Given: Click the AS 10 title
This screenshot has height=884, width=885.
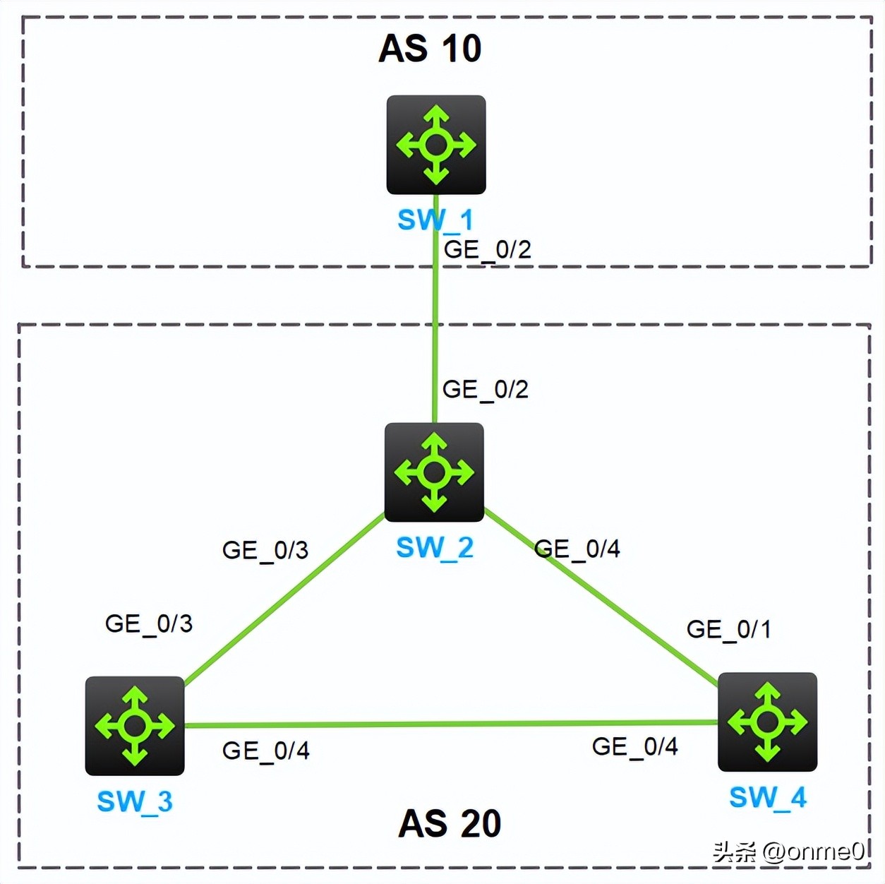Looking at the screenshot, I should [x=430, y=49].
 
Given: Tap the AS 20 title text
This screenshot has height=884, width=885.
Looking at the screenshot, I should [x=450, y=823].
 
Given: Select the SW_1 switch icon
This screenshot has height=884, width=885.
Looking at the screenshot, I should [x=436, y=145].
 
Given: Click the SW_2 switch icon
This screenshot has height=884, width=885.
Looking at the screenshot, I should [x=434, y=472].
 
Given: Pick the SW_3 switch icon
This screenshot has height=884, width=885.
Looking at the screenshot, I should [x=135, y=726].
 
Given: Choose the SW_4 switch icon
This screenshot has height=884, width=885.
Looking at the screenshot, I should [x=767, y=722].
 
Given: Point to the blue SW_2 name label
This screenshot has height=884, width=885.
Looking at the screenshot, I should [x=435, y=548].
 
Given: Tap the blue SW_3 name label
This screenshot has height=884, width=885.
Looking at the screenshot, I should [x=135, y=801].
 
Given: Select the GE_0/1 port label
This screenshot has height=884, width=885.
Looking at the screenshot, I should [x=728, y=629].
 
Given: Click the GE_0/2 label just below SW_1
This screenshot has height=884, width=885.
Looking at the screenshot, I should [x=487, y=249].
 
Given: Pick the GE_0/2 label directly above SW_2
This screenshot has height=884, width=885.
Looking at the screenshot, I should [x=485, y=389].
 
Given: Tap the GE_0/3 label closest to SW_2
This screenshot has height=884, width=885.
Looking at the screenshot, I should [x=265, y=550].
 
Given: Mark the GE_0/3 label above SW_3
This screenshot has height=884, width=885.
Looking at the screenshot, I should [x=148, y=623].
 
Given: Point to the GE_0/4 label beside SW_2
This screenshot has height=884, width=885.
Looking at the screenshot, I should [x=577, y=549].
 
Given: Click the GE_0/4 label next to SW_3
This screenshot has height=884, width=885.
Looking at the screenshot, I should [x=265, y=751].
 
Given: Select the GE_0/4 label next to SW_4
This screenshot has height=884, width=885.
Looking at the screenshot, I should [x=634, y=746].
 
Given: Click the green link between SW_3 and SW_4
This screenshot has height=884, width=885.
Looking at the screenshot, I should [x=452, y=724].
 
